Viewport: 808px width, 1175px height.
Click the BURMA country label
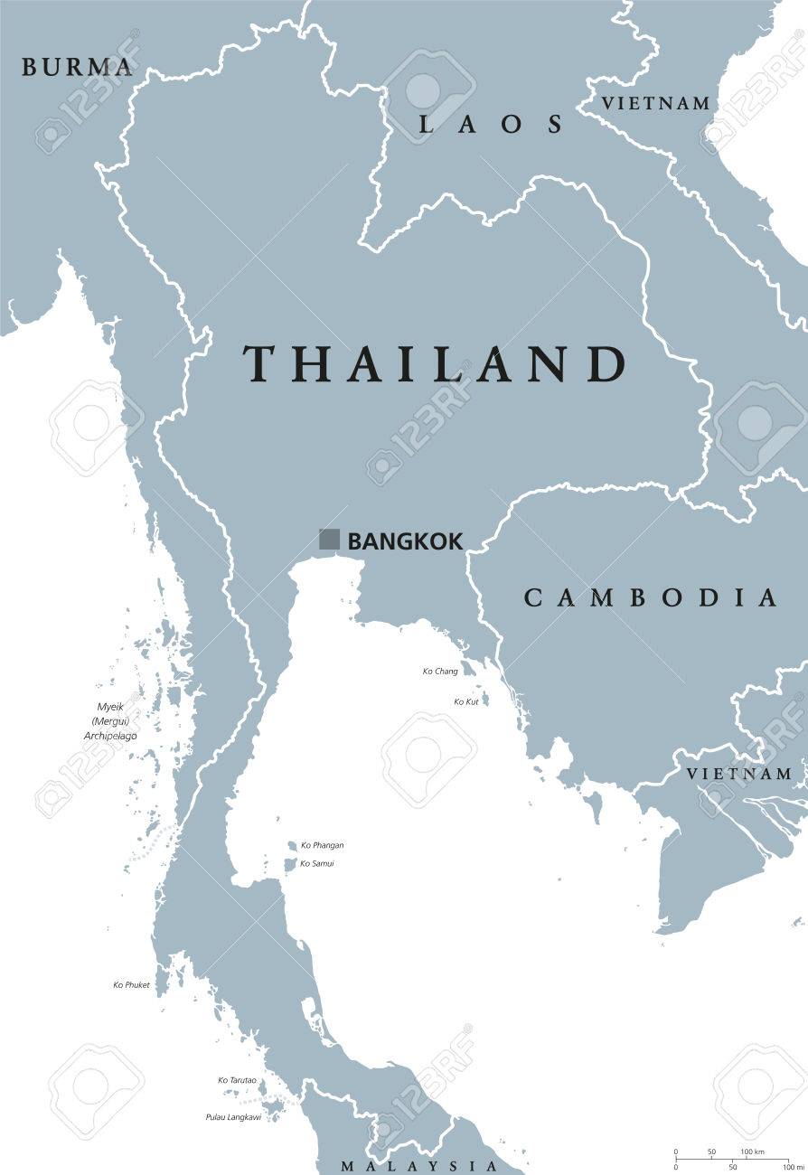click(77, 67)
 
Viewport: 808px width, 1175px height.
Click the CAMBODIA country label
click(651, 597)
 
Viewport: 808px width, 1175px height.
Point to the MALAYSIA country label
click(418, 1165)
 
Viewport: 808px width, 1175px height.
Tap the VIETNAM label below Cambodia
click(738, 774)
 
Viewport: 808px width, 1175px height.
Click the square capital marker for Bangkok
click(329, 540)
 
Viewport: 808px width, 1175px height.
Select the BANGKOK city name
click(405, 541)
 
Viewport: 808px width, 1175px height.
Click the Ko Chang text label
click(440, 672)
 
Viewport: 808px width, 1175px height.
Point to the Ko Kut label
click(466, 702)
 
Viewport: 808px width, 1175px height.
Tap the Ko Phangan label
click(323, 845)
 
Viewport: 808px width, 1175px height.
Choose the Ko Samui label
click(318, 864)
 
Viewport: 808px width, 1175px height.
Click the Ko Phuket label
click(132, 985)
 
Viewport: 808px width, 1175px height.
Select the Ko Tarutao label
click(238, 1080)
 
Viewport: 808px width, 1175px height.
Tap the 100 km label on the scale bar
click(753, 1151)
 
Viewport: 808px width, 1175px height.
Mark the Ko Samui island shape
click(290, 865)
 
